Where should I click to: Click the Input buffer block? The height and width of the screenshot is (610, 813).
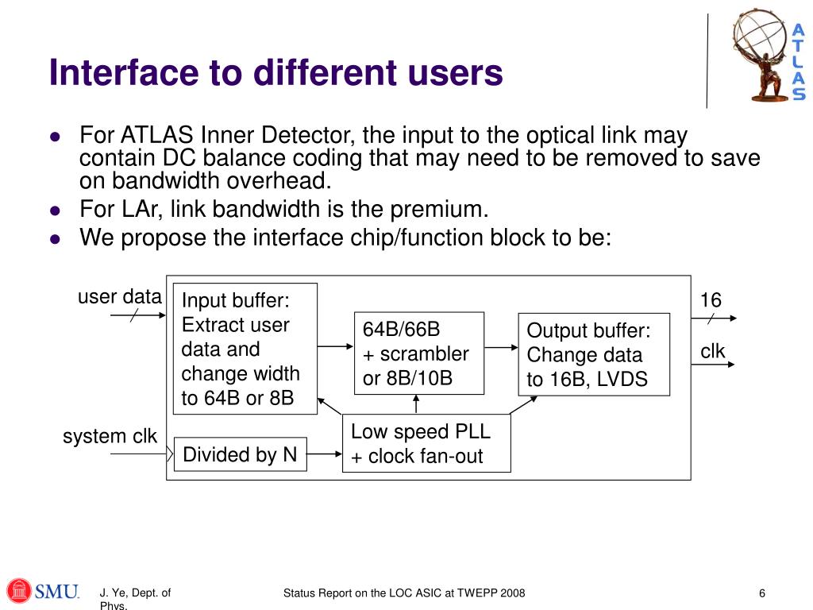coord(245,348)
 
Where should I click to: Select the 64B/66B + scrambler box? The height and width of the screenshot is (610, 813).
coord(418,353)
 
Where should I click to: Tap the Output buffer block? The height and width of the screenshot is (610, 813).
coord(594,355)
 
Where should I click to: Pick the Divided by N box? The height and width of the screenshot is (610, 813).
coord(240,454)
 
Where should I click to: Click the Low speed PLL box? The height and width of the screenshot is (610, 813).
coord(426,443)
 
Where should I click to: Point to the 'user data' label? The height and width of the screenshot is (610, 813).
coord(120,297)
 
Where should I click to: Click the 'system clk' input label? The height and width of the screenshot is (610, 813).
coord(110,436)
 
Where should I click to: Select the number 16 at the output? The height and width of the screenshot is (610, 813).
coord(711,299)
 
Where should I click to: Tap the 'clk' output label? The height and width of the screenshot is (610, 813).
coord(712,350)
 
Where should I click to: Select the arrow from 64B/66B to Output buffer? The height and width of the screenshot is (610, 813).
coord(501,347)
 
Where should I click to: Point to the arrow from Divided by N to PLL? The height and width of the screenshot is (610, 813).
coord(324,454)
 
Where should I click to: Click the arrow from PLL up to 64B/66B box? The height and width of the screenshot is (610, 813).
coord(417,404)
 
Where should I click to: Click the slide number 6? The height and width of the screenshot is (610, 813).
coord(762,594)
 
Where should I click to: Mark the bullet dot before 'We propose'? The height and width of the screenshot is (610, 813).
coord(55,237)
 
